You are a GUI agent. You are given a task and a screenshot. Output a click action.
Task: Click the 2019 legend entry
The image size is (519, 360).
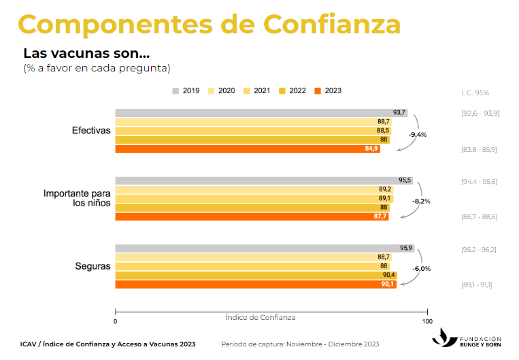click(186, 91)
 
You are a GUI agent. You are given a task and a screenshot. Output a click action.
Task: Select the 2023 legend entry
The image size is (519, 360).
click(329, 91)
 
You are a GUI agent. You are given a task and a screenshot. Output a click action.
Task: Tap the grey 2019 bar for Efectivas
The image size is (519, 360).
click(261, 112)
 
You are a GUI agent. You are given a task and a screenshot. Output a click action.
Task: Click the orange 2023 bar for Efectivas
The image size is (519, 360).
click(247, 148)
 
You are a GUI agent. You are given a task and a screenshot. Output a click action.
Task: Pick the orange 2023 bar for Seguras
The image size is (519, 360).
click(255, 284)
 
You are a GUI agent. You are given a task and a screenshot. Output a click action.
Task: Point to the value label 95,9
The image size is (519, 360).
click(406, 248)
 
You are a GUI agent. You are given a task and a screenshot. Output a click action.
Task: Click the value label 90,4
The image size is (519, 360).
click(389, 275)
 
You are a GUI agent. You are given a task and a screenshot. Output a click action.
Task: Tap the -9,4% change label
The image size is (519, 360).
click(418, 135)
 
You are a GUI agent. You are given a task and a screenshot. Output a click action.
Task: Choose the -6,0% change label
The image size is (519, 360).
click(422, 269)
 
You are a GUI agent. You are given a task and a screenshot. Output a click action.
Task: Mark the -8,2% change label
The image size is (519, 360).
click(422, 201)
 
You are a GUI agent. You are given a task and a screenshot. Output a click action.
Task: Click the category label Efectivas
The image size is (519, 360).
click(91, 130)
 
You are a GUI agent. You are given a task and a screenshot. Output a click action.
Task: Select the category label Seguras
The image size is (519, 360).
click(93, 266)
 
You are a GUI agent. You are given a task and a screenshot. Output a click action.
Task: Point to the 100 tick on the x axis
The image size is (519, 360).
click(427, 321)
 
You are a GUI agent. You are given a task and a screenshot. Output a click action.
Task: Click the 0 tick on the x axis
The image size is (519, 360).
click(115, 321)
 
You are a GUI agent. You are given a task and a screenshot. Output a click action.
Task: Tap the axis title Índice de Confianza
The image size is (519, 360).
click(261, 317)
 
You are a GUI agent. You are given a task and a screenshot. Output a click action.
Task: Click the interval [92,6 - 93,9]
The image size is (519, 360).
click(480, 113)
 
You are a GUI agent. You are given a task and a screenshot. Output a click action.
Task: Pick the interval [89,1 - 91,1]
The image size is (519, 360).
click(478, 285)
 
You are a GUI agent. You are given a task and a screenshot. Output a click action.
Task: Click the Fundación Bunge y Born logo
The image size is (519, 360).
click(470, 338)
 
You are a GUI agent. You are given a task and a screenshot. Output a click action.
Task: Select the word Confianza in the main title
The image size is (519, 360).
click(332, 24)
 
